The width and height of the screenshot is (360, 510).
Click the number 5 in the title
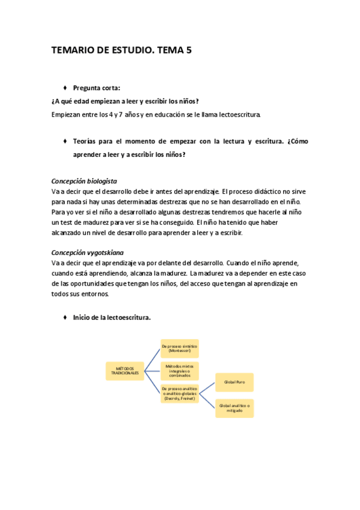(x=189, y=51)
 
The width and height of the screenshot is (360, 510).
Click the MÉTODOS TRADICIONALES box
(x=124, y=370)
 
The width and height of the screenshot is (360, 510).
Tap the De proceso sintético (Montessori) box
(x=180, y=348)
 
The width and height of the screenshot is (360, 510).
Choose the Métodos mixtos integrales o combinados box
(x=180, y=370)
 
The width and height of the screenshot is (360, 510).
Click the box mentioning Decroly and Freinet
(x=180, y=395)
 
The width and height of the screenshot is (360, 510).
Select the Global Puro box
(x=234, y=382)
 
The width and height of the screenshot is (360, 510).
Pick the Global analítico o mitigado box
(x=234, y=408)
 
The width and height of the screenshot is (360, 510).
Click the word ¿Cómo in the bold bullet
(x=299, y=141)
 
